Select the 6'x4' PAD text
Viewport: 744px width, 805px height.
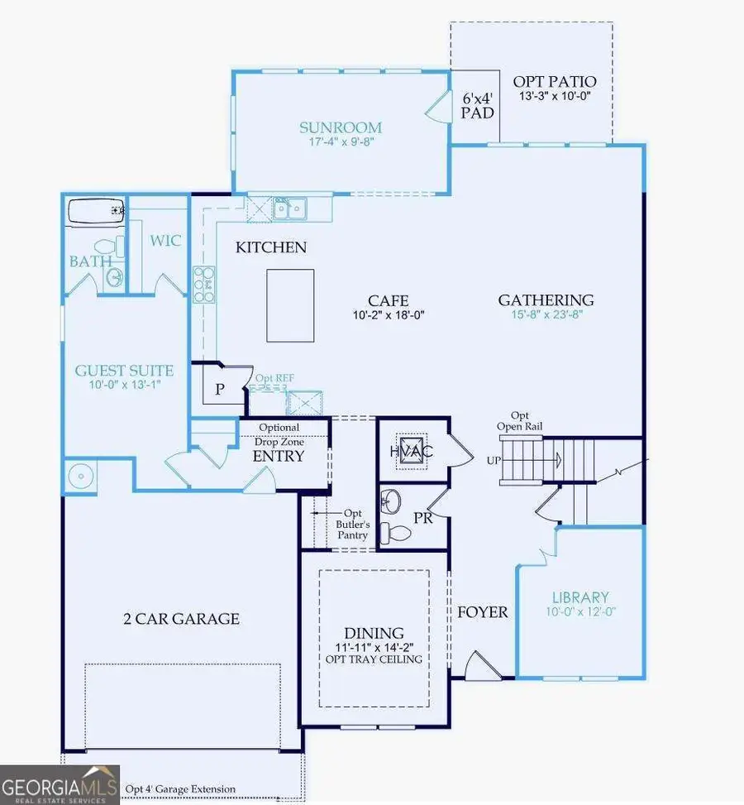click(477, 103)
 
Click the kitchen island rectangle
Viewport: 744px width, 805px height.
click(290, 304)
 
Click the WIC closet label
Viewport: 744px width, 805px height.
click(165, 241)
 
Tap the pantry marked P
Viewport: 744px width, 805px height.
click(220, 390)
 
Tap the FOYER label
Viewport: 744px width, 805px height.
click(484, 612)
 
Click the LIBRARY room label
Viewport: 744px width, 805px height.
click(580, 597)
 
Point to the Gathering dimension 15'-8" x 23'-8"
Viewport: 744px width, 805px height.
click(546, 315)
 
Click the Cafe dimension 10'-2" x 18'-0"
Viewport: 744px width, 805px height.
click(389, 315)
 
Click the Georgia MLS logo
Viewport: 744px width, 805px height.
click(60, 783)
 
